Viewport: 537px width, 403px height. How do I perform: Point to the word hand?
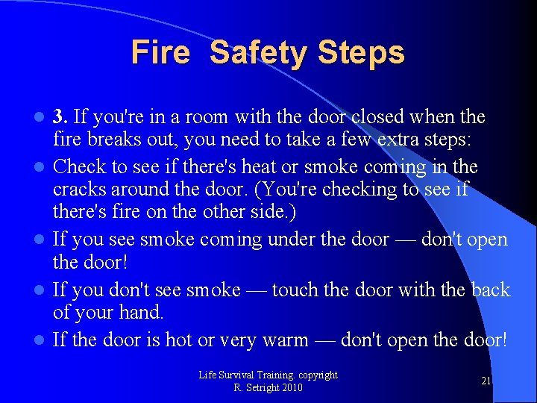144,313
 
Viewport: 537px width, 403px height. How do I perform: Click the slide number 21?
486,381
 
